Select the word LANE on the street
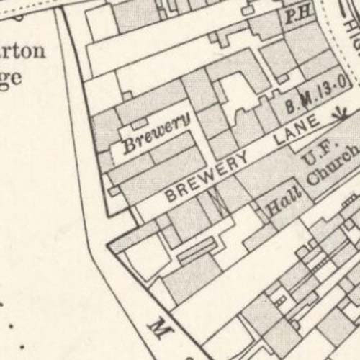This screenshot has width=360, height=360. click(297, 131)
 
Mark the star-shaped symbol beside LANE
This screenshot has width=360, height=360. click(340, 114)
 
